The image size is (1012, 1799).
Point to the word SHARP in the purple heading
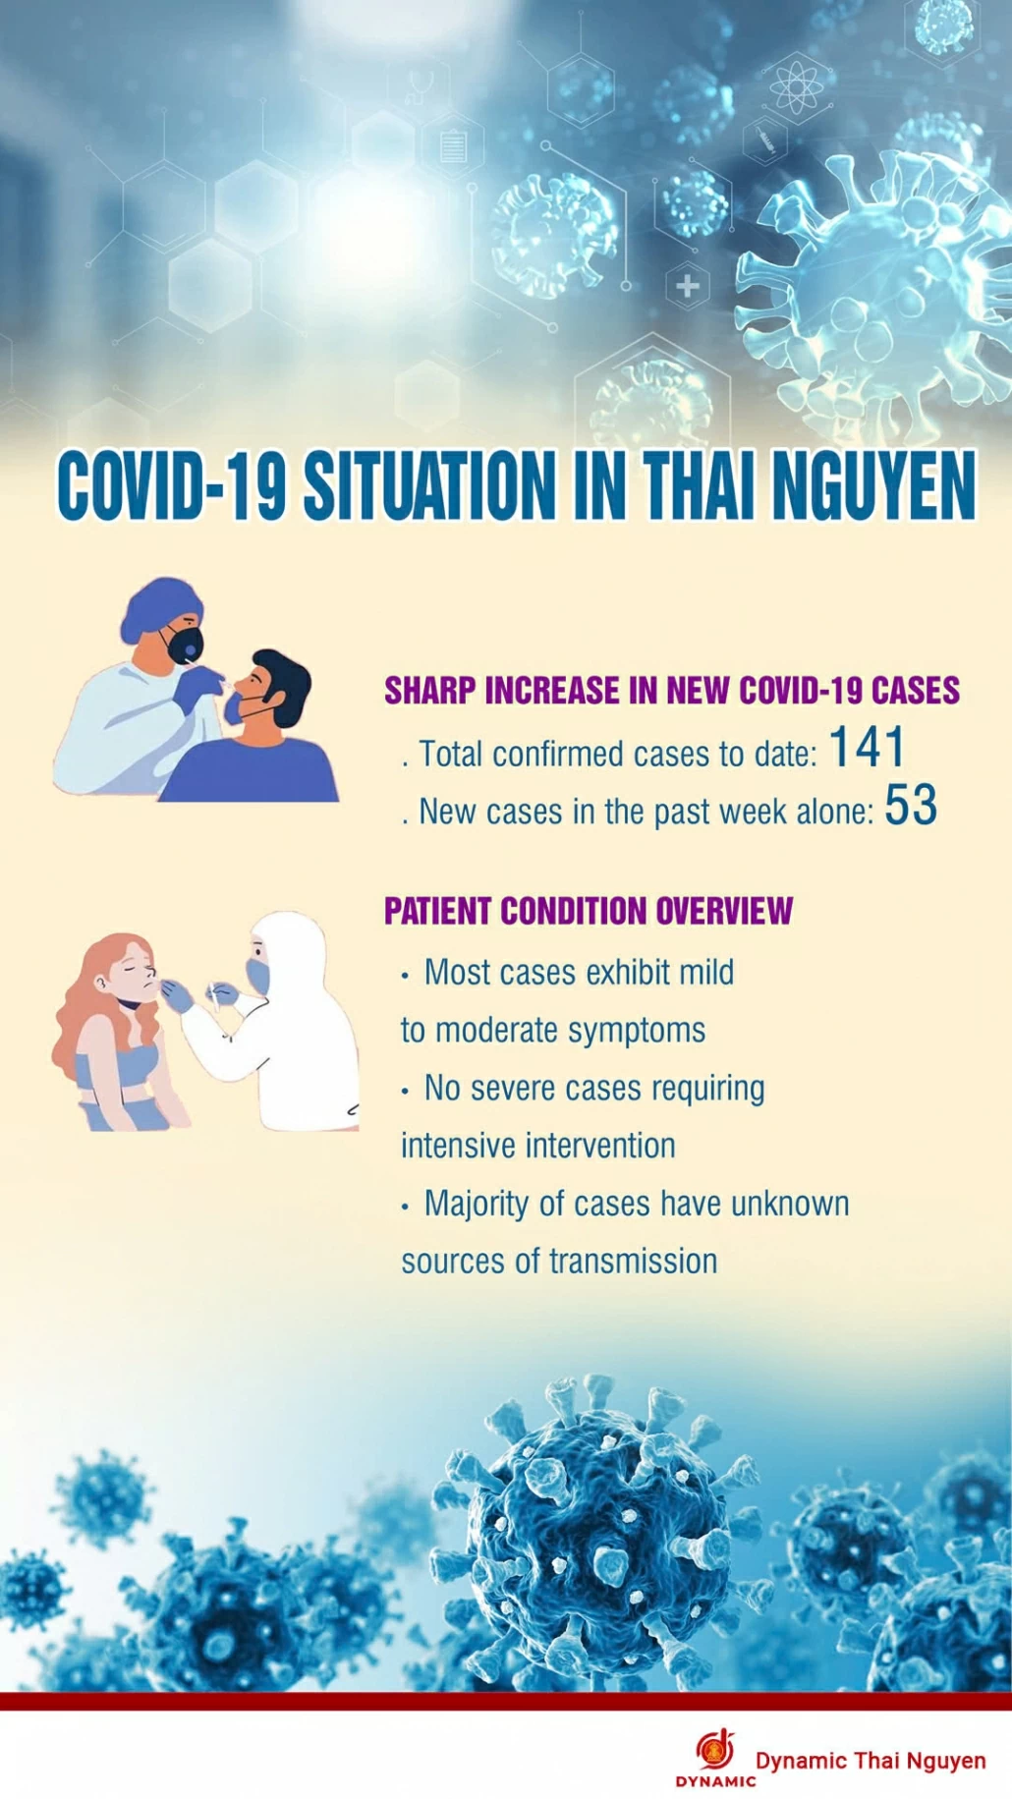429,691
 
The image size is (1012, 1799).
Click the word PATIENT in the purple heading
438,911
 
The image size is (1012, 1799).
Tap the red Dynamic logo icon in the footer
716,1750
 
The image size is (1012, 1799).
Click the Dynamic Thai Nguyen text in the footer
871,1760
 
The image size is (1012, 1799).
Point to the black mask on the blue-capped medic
184,646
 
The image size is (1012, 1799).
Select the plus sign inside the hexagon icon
688,286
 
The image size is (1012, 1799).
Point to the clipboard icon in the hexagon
453,146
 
